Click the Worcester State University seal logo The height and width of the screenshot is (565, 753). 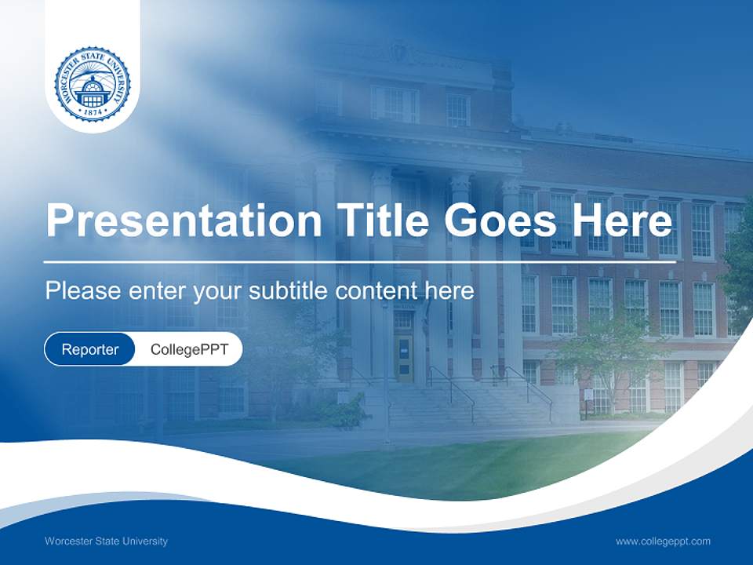click(93, 84)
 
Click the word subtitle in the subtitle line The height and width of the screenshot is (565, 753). click(289, 291)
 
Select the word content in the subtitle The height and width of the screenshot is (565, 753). click(376, 291)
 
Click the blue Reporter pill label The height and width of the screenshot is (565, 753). click(89, 349)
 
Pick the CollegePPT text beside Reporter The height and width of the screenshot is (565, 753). click(189, 349)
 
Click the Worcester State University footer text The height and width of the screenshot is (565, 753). click(106, 541)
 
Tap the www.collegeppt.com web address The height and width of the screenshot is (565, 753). click(663, 541)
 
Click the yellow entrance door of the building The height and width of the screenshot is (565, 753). click(404, 357)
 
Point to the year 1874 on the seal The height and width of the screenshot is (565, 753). click(93, 112)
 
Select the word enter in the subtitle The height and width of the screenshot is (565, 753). click(155, 291)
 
